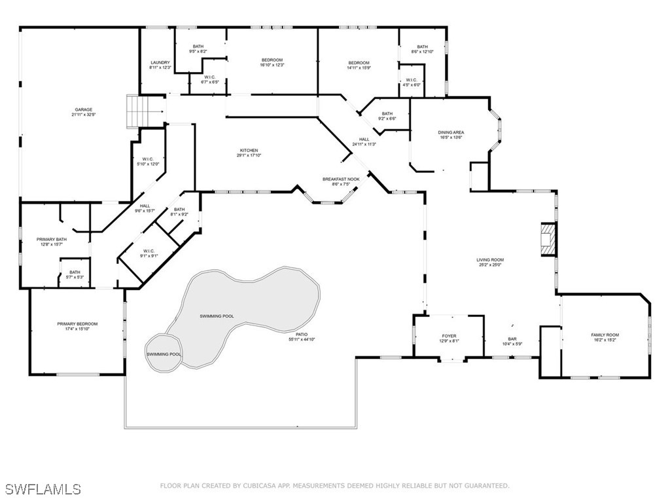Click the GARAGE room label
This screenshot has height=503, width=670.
[82, 110]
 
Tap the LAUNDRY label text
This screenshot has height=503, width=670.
[160, 63]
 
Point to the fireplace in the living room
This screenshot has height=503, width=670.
[547, 240]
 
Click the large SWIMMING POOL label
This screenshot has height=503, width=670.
[217, 316]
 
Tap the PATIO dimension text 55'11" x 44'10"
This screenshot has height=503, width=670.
[302, 339]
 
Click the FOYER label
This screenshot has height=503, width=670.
[449, 336]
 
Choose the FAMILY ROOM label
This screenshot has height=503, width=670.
[605, 335]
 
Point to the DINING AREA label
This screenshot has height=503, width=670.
[451, 132]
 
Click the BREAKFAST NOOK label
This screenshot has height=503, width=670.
[341, 179]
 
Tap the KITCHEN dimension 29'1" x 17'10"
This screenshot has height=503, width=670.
[248, 155]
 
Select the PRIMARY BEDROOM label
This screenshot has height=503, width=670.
[77, 324]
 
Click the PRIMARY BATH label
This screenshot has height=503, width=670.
[50, 240]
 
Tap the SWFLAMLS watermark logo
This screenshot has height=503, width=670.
[43, 489]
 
